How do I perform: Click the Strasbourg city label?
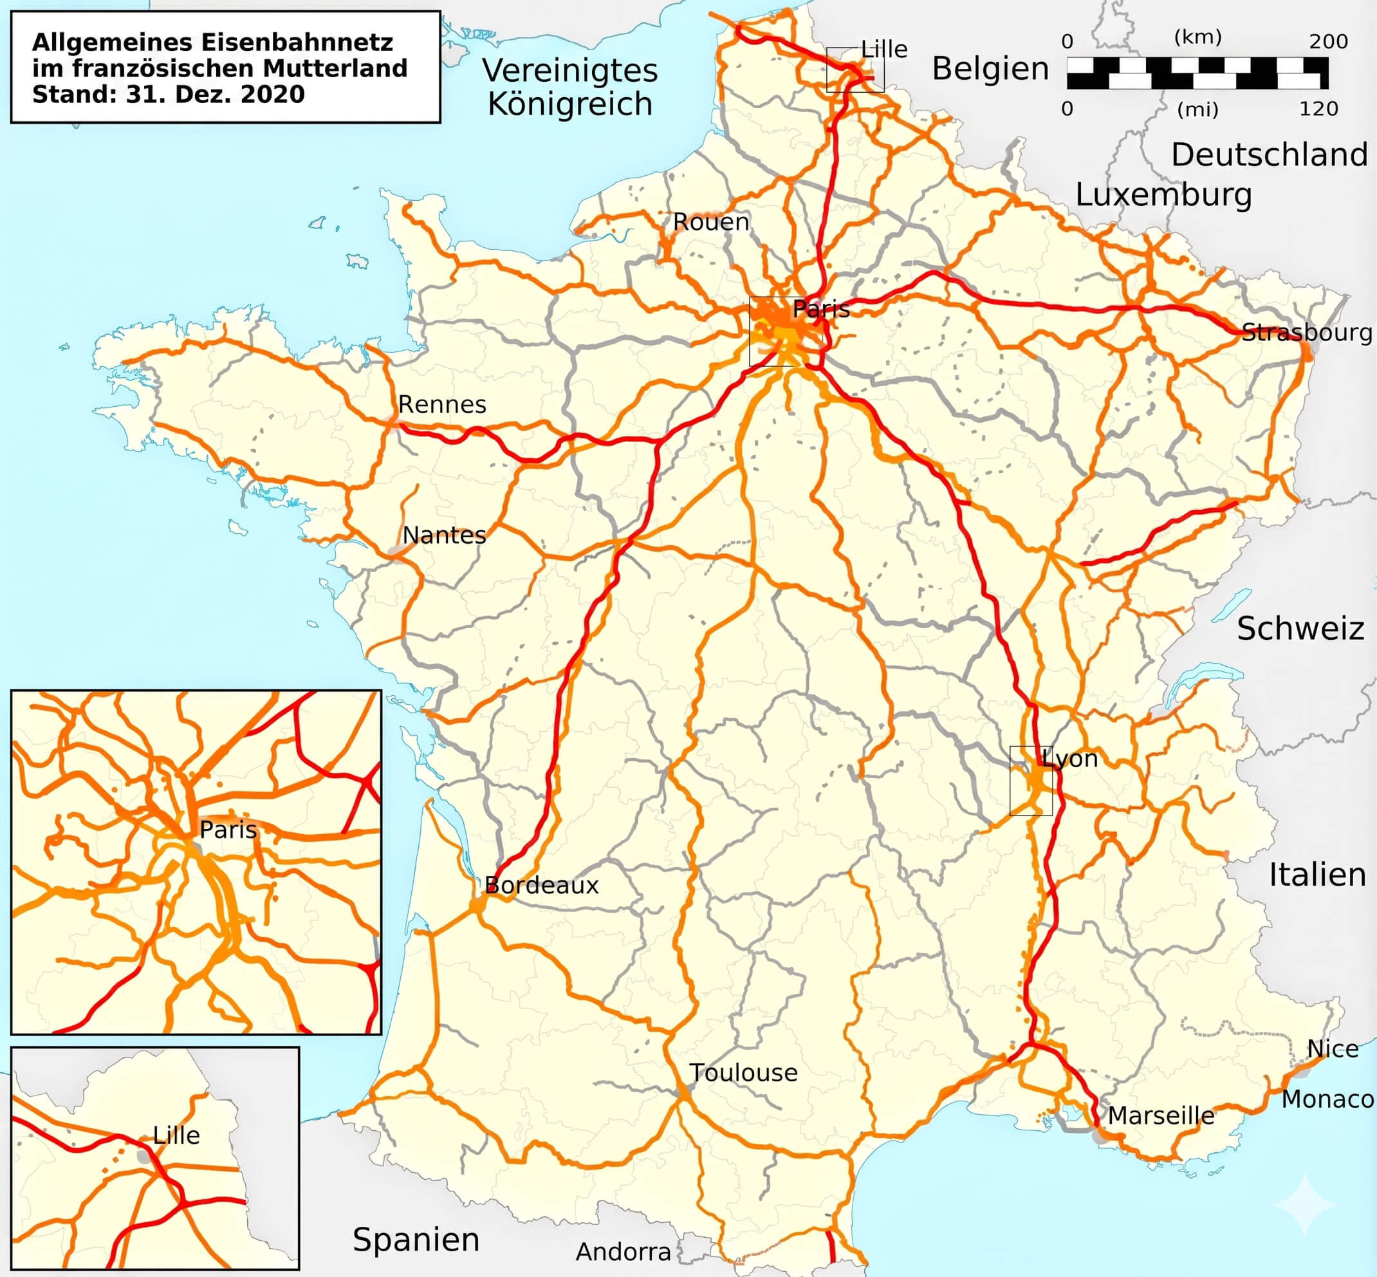click(x=1306, y=332)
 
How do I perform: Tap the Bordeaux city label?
click(x=541, y=885)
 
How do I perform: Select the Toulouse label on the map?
click(x=743, y=1072)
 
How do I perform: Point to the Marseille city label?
click(x=1161, y=1115)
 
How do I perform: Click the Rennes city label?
click(x=442, y=404)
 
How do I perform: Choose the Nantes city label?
click(x=444, y=535)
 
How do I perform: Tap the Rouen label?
click(x=711, y=222)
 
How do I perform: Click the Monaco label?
click(x=1327, y=1099)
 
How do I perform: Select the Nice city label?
click(x=1333, y=1049)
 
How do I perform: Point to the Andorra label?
click(x=624, y=1251)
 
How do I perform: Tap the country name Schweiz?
click(x=1300, y=629)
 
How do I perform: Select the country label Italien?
click(x=1317, y=875)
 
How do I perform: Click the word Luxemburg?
click(x=1163, y=195)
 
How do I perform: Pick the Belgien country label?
click(x=990, y=68)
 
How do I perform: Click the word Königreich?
click(x=570, y=104)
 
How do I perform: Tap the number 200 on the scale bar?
click(x=1328, y=41)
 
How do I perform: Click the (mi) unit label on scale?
click(x=1197, y=109)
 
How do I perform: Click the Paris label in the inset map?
click(x=228, y=829)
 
